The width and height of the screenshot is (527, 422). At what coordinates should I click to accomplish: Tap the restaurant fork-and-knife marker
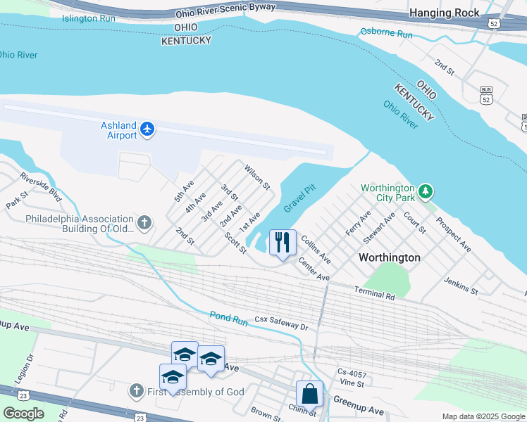(283, 243)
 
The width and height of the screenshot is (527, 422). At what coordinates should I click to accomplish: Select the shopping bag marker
(309, 395)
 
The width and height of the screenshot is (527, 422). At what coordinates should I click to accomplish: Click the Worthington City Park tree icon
(425, 191)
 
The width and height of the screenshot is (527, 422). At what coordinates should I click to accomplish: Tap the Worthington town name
(389, 257)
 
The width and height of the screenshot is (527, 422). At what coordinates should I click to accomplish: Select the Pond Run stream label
(229, 319)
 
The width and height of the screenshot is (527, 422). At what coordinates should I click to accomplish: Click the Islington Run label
(88, 18)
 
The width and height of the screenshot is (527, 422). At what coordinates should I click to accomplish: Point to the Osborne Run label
(386, 32)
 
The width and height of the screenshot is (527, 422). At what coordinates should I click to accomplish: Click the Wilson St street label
(257, 177)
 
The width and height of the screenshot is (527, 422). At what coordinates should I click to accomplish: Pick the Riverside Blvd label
(40, 187)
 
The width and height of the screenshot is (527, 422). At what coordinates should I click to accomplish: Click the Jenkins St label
(461, 286)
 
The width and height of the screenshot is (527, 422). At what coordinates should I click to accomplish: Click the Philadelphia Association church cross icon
(144, 224)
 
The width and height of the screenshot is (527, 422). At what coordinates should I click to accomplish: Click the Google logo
(23, 413)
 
